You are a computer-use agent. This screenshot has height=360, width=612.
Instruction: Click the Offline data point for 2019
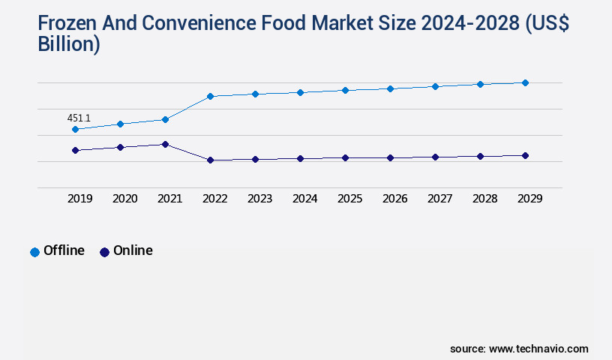[x=75, y=129]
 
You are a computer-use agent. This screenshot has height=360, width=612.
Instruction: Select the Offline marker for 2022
[x=210, y=96]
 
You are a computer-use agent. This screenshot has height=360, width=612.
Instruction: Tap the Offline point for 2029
[x=525, y=82]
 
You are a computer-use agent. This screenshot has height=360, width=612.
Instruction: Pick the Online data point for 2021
[x=165, y=144]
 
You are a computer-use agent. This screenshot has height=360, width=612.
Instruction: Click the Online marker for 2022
[x=210, y=160]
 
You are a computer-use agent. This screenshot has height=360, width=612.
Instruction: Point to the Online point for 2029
[x=525, y=155]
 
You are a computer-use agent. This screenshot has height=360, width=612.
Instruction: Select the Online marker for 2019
[x=75, y=150]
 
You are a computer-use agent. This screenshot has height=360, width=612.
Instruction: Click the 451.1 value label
[x=79, y=118]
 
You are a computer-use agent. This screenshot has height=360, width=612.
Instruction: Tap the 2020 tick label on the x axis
[x=124, y=199]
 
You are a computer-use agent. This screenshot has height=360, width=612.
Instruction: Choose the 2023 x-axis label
[x=259, y=199]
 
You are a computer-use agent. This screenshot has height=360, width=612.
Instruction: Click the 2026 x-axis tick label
[x=394, y=199]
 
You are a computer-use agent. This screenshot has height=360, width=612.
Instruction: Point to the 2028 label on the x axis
[x=484, y=199]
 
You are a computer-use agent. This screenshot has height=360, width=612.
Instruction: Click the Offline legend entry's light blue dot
[x=34, y=252]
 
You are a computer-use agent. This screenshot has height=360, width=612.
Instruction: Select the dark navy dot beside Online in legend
[x=104, y=252]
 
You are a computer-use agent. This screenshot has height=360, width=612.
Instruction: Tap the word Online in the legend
[x=133, y=250]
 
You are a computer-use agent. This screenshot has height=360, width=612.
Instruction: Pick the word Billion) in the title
[x=69, y=44]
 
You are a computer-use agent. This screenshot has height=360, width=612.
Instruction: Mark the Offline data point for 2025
[x=345, y=90]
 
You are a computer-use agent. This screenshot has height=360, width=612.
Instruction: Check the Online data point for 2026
[x=390, y=157]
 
